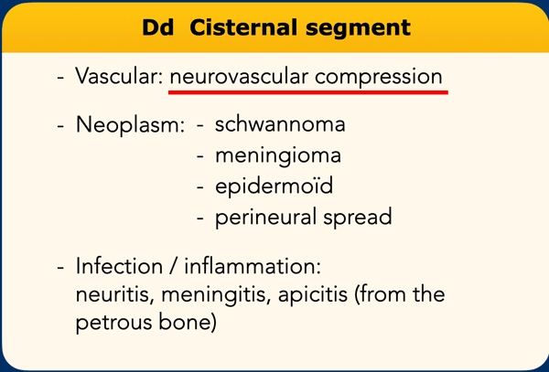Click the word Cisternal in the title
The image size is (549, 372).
point(244,27)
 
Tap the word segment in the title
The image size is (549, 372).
point(358,29)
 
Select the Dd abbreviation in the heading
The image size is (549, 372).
point(158,27)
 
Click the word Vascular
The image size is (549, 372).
point(119,76)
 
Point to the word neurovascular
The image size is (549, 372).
point(239,77)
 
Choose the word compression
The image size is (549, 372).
point(379,78)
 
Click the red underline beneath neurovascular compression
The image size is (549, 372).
point(308,92)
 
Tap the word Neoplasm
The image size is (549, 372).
point(130,125)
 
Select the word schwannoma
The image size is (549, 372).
point(280,124)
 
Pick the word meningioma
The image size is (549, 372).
point(278,156)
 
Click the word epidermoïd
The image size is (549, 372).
point(274,186)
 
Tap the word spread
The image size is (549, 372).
point(358,218)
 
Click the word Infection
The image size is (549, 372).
point(119,266)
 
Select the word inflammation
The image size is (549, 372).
point(253,266)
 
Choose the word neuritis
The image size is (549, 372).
point(115,294)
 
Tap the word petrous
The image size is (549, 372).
point(114,324)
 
